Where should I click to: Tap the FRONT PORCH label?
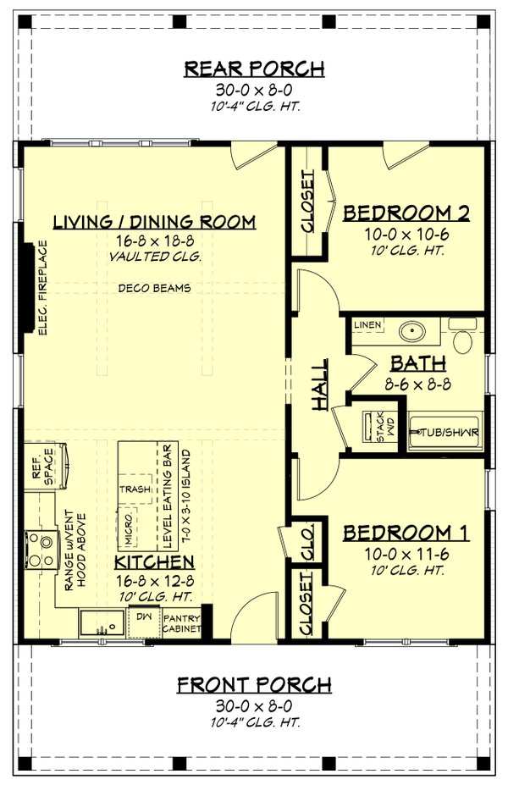(254, 684)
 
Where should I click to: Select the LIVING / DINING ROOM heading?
(154, 222)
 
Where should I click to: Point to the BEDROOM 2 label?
(406, 213)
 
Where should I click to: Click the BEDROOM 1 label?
(406, 533)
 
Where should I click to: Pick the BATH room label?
(417, 363)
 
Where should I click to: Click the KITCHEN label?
(155, 562)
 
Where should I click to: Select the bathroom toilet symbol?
(462, 338)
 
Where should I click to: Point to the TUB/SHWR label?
(444, 433)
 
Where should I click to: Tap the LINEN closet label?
(368, 325)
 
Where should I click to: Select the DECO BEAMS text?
(154, 289)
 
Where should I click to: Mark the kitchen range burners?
(39, 547)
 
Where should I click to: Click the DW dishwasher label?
(142, 617)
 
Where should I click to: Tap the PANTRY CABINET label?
(182, 624)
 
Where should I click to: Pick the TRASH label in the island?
(135, 489)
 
